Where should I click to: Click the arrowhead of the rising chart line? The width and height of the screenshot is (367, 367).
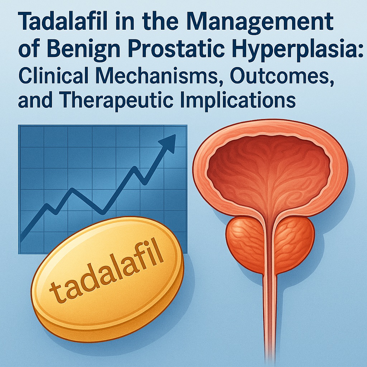tap(168, 143)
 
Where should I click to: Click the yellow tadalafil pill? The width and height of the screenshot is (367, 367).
tap(107, 278)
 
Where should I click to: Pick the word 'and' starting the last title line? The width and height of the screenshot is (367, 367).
tap(35, 101)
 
